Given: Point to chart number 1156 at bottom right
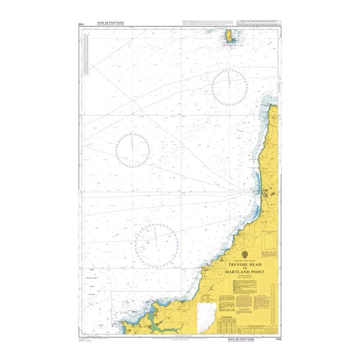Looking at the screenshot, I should coord(274,339).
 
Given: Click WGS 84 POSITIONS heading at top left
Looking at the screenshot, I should coord(110,23).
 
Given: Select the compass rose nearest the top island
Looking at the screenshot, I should coord(229,88).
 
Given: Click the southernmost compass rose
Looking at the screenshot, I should coord(157,242).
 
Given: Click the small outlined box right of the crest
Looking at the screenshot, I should coord(268,246).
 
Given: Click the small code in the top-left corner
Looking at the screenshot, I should coord(81,23).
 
